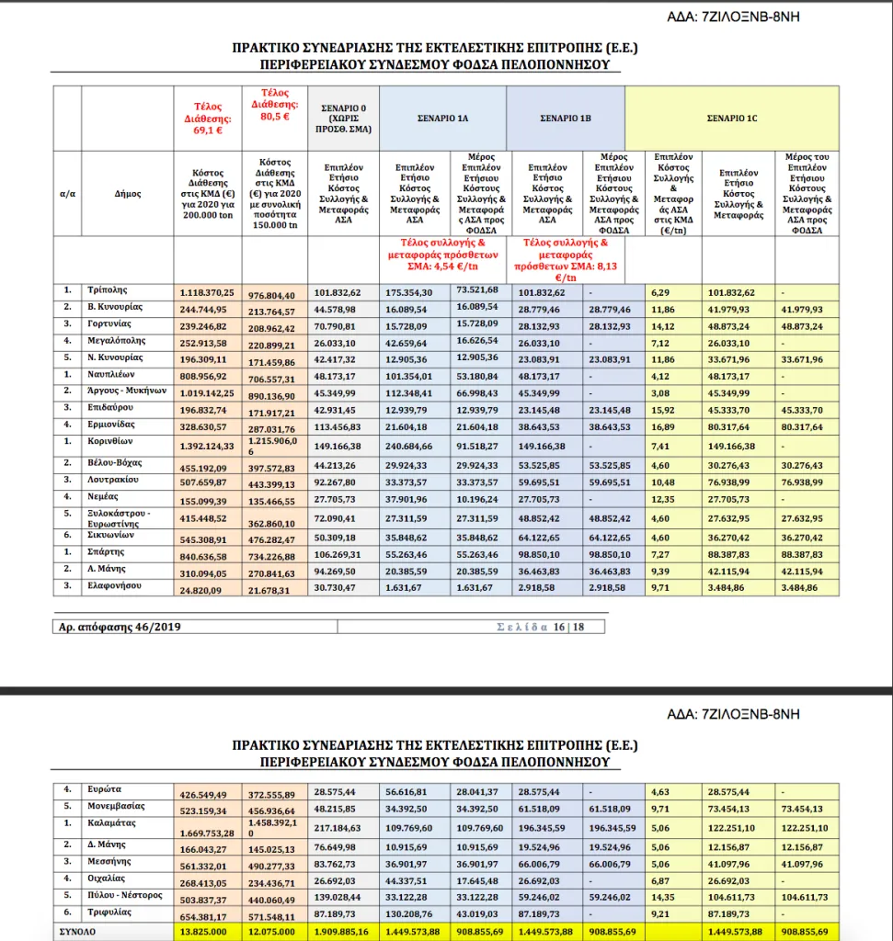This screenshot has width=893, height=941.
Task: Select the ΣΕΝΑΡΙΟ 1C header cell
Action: pos(731,119)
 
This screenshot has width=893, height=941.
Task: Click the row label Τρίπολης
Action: pos(109,292)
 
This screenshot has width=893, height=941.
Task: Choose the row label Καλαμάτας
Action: pos(114,823)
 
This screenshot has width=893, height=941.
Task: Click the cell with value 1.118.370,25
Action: pos(206,292)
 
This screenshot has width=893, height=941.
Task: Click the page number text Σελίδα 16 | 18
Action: pos(540,627)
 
